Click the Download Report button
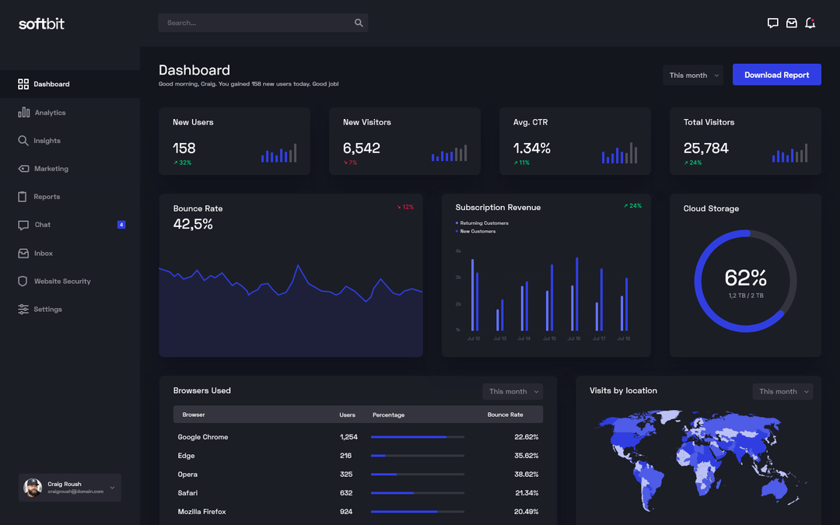click(x=776, y=75)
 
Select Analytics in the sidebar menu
click(x=50, y=113)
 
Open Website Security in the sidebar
click(x=61, y=282)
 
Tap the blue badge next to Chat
click(x=121, y=225)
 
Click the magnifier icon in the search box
click(x=359, y=23)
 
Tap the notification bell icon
click(x=810, y=23)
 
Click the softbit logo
click(x=41, y=24)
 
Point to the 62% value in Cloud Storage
click(x=745, y=278)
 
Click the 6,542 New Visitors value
click(x=362, y=148)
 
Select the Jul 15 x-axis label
click(x=549, y=338)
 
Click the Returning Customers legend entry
click(x=483, y=223)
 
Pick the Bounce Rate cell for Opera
click(x=526, y=474)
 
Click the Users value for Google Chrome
click(x=348, y=437)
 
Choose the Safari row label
click(x=187, y=493)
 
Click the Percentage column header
click(x=388, y=415)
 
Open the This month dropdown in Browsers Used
click(x=512, y=391)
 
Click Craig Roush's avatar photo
click(x=33, y=488)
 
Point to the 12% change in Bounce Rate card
click(x=405, y=208)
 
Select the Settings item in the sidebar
click(x=47, y=310)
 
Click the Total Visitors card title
click(x=709, y=122)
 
